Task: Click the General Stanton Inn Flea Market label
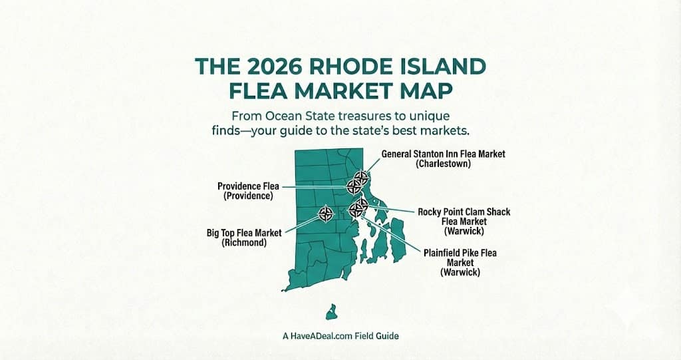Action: [x=443, y=154]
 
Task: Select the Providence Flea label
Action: [x=248, y=186]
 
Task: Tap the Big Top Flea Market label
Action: [x=244, y=233]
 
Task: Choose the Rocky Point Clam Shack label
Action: [x=464, y=212]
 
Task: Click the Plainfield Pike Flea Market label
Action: [x=460, y=254]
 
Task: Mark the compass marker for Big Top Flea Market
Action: [x=326, y=214]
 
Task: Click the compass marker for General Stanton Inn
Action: [x=361, y=177]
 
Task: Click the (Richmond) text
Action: [x=244, y=243]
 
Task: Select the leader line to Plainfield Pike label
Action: [x=392, y=232]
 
